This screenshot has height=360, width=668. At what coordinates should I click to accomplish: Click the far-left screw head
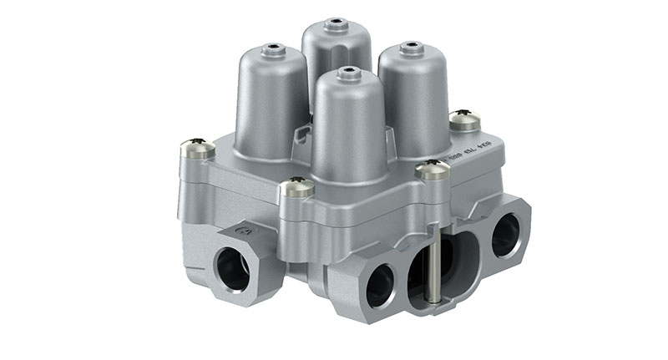point(197,149)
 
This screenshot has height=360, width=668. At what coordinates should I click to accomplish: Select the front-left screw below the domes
point(296,189)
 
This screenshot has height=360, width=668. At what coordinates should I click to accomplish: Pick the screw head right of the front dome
point(432,170)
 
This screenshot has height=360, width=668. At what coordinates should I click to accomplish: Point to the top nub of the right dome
point(410,48)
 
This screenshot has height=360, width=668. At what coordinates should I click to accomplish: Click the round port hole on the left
point(233,270)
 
